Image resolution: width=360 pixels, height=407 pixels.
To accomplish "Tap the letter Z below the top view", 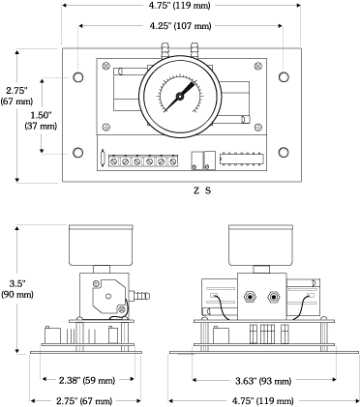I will pyautogui.click(x=196, y=190).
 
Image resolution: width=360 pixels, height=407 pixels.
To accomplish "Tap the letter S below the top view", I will pyautogui.click(x=209, y=190).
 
